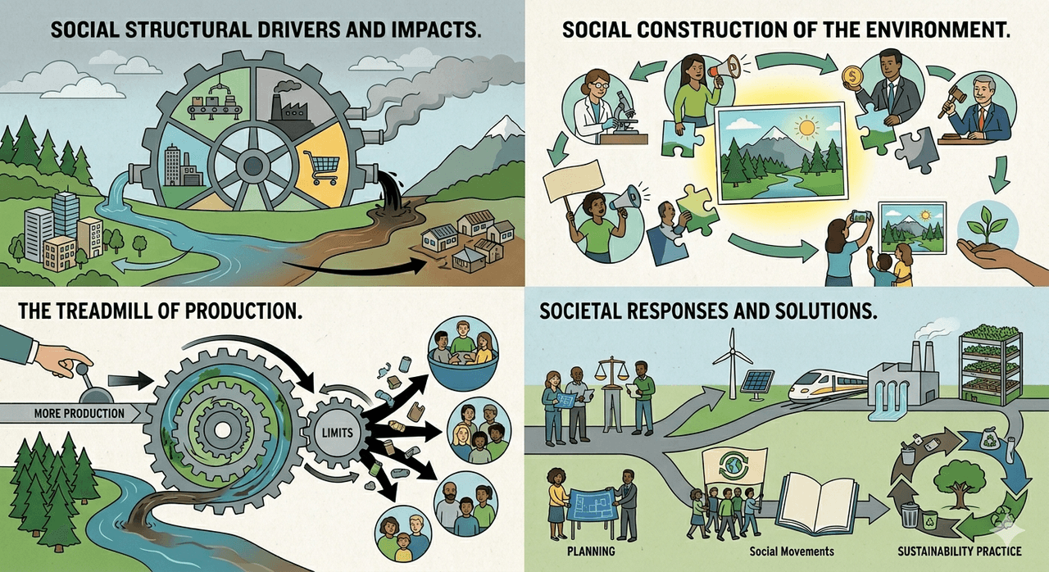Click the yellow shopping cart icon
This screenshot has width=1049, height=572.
click(x=321, y=166)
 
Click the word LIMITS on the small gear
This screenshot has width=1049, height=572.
click(x=338, y=432)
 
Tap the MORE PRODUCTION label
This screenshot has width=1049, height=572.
click(x=79, y=413)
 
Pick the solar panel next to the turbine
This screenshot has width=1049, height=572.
click(x=756, y=384)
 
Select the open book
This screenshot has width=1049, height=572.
click(x=817, y=504)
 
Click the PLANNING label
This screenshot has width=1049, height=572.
click(x=591, y=551)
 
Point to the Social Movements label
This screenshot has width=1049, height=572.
click(x=792, y=552)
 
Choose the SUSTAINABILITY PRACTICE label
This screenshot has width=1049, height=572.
click(x=959, y=552)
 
